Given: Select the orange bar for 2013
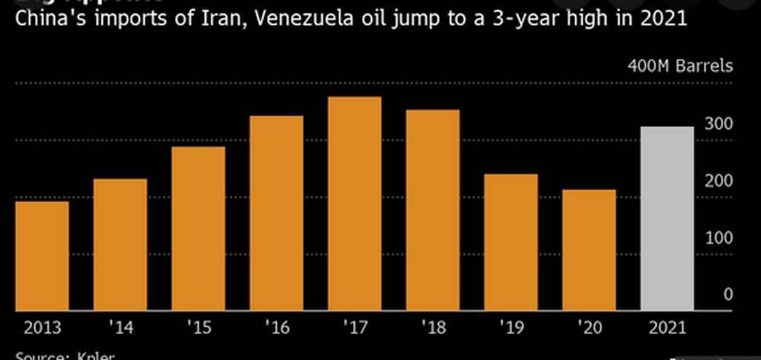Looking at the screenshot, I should (x=42, y=256).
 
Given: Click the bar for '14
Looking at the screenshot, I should (x=120, y=244).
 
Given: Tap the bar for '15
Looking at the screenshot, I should (x=199, y=228).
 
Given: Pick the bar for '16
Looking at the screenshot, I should (x=276, y=213).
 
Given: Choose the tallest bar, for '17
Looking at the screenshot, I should (x=355, y=203).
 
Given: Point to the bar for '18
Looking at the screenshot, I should (x=432, y=210).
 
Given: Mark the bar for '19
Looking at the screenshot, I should (x=511, y=242).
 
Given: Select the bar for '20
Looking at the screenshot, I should (x=589, y=250).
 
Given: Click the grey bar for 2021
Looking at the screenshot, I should (x=667, y=218).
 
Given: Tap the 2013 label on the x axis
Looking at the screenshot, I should (x=42, y=328).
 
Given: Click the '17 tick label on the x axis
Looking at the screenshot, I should (x=355, y=328).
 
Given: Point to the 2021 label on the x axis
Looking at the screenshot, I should (x=667, y=328).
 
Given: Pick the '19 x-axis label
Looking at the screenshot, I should (x=511, y=328).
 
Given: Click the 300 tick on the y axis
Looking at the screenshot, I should (x=721, y=124).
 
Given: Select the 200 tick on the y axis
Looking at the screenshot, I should (x=721, y=181).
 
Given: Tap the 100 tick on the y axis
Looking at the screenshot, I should (x=721, y=237).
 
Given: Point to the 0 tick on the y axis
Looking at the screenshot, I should (x=728, y=295).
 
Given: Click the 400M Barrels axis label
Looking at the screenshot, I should (x=680, y=65).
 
